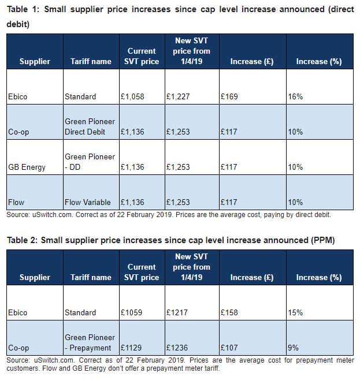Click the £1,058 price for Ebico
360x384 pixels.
tap(132, 96)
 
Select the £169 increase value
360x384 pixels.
tap(229, 96)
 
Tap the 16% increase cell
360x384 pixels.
tap(295, 96)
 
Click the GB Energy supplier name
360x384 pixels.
tap(27, 167)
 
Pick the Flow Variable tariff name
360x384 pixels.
tap(87, 202)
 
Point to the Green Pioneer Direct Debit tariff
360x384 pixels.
tap(90, 126)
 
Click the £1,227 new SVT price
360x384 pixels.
tap(178, 96)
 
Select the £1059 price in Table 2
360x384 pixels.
tap(131, 312)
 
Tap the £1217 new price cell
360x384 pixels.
tap(177, 312)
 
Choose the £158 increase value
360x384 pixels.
tap(229, 312)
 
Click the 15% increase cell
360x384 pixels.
tap(295, 312)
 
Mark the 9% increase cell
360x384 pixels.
tap(293, 348)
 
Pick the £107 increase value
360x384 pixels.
tap(229, 348)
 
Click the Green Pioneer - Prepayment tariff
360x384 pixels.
tap(90, 342)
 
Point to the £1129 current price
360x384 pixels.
tap(131, 348)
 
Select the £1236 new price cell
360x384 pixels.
tap(177, 348)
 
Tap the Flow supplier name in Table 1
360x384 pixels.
tap(16, 202)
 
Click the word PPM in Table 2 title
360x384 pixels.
tap(323, 240)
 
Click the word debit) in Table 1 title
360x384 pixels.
tap(18, 24)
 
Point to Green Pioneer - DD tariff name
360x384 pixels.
tap(90, 162)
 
